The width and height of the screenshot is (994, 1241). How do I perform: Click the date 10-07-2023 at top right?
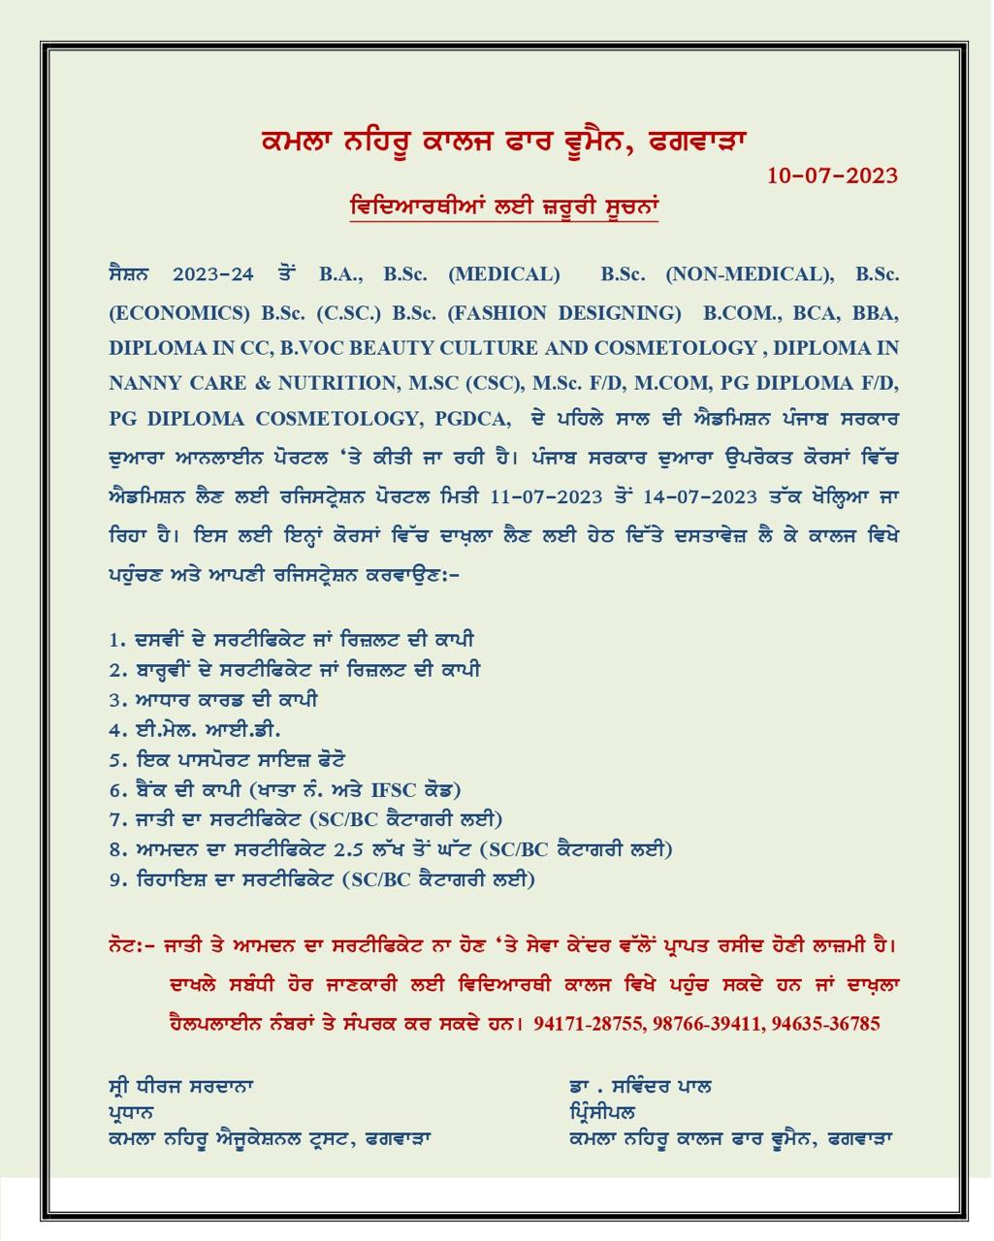(832, 175)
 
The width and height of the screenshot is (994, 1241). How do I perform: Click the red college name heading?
(503, 142)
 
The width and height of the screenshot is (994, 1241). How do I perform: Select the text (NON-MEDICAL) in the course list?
(750, 274)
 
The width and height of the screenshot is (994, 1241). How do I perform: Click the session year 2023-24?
(212, 274)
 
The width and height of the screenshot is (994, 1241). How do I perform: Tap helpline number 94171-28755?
(588, 1024)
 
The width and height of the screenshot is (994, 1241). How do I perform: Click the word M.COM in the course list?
(665, 383)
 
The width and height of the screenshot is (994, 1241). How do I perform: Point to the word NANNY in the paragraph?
(142, 383)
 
